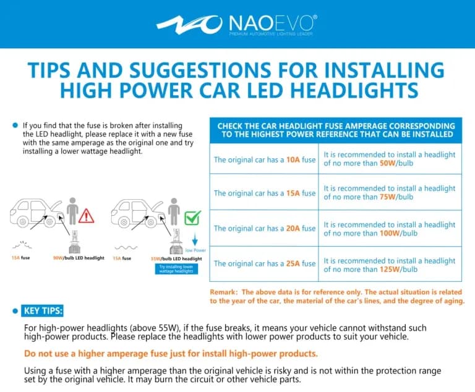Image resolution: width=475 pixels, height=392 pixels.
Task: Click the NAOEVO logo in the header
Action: [237, 24]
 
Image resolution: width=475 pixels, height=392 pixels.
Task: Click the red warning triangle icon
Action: [87, 215]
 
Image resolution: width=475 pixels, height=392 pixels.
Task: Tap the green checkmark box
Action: [193, 217]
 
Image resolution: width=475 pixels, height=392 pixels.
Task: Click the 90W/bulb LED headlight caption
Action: [78, 258]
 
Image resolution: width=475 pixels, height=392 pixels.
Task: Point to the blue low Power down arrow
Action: [195, 240]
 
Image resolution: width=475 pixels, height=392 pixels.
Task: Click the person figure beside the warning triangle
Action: [73, 211]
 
